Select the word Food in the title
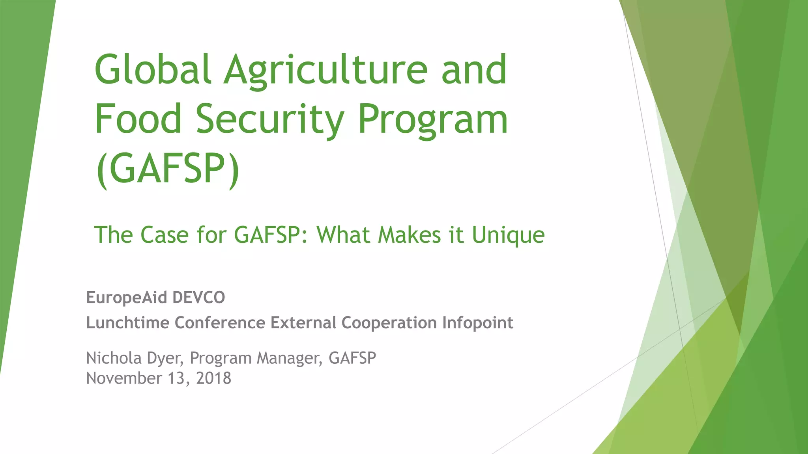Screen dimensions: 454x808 click(138, 118)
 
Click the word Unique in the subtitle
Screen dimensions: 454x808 click(508, 235)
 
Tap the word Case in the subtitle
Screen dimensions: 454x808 click(165, 235)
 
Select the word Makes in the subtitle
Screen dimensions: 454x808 click(409, 235)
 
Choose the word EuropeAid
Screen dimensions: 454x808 click(127, 298)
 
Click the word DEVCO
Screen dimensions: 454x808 click(199, 298)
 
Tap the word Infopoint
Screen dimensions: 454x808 click(477, 322)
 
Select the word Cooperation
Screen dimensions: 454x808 click(389, 323)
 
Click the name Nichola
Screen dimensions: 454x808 click(114, 358)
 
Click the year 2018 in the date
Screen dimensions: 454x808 click(213, 378)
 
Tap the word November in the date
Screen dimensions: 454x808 click(124, 378)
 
